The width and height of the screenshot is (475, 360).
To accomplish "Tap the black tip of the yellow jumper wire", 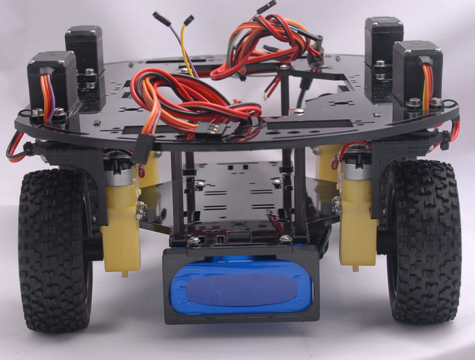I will point(188,20).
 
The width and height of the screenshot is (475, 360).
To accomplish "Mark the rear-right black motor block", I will point(383,49).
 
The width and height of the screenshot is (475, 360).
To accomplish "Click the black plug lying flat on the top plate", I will point(218,130).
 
